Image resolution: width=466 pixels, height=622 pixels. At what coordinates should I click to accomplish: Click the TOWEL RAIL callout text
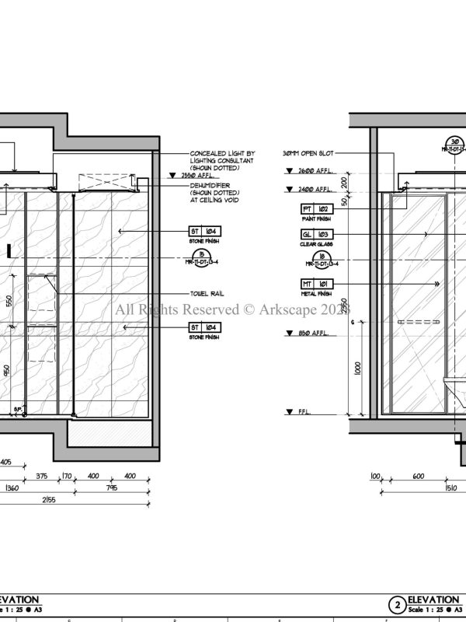pos(207,294)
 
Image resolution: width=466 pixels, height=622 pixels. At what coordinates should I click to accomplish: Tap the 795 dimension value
pos(112,489)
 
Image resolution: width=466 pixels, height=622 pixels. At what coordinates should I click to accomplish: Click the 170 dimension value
pos(67,476)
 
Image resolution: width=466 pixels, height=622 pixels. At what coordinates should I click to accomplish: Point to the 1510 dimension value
pos(450,489)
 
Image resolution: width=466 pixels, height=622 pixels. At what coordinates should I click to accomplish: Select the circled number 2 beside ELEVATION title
pos(397,604)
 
